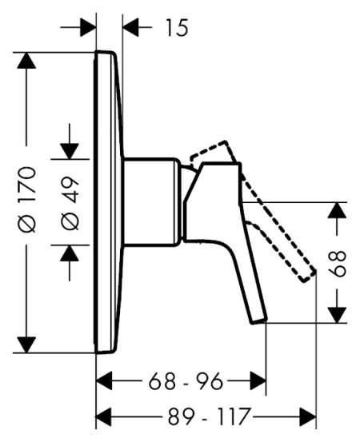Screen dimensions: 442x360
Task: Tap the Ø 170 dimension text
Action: (x=28, y=200)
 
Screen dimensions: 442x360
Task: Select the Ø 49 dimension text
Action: (x=70, y=200)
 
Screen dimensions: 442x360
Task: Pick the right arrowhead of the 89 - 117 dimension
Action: (x=308, y=416)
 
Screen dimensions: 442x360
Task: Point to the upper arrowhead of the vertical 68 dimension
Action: (x=338, y=212)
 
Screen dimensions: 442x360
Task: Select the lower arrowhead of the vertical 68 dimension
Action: (x=338, y=313)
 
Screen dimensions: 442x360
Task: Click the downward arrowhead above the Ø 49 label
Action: (x=70, y=149)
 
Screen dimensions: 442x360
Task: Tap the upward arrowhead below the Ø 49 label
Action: (x=70, y=253)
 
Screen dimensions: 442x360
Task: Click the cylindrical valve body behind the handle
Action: (x=152, y=200)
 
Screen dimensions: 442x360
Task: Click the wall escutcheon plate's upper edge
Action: (x=107, y=54)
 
